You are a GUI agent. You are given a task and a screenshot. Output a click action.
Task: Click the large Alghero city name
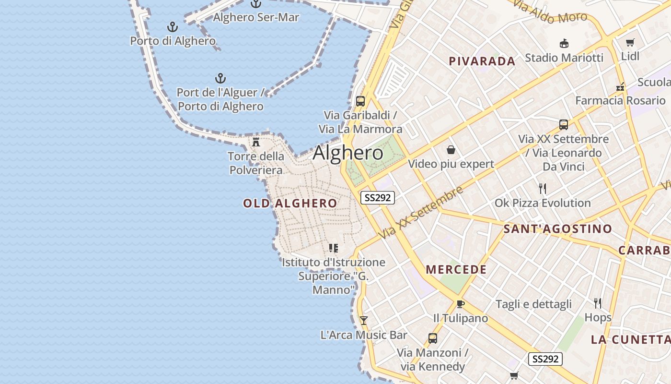tap(348, 153)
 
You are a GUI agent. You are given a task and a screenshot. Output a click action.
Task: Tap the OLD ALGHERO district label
tap(290, 204)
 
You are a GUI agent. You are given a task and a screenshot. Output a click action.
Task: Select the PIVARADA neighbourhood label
tap(482, 61)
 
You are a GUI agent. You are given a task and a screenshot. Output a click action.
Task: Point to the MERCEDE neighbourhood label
tap(456, 270)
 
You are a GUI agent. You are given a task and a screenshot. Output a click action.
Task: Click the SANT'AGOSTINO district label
tap(558, 229)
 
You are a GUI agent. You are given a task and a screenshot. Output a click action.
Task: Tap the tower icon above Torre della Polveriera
tap(256, 142)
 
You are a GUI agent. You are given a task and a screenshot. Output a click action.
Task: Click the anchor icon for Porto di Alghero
tap(172, 27)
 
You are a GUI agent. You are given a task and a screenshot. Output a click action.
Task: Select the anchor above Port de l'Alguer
tap(220, 78)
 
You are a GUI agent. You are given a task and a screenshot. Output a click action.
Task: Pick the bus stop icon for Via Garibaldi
tap(360, 101)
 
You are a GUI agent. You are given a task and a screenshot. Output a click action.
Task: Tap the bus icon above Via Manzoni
tap(432, 338)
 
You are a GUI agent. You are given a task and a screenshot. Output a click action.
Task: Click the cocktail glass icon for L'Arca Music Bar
tap(364, 320)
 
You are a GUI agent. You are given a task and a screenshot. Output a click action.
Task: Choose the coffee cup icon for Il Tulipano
tap(460, 304)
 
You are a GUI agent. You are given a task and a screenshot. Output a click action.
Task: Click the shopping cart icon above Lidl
tap(630, 42)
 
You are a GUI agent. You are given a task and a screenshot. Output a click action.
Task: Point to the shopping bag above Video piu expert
tap(451, 150)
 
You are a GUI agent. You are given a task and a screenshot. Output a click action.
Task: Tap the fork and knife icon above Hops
tap(598, 303)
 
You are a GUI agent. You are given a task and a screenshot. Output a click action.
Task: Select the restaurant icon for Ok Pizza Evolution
tap(543, 188)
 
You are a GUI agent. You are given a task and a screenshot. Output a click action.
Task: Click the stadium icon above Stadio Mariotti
tap(564, 43)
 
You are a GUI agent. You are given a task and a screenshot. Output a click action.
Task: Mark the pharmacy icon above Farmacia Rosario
tap(620, 87)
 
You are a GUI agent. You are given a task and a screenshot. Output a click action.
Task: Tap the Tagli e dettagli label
tap(533, 304)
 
